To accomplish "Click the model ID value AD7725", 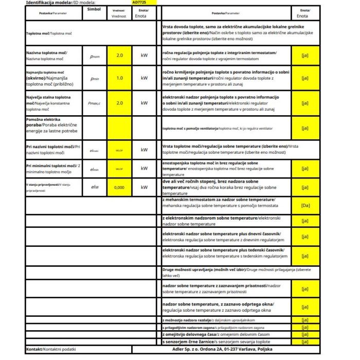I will pyautogui.click(x=139, y=2).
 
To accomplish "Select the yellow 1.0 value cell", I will pyautogui.click(x=119, y=78).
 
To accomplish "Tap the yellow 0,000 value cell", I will pyautogui.click(x=119, y=187).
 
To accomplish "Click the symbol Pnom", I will pyautogui.click(x=94, y=56).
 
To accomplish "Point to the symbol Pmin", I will pyautogui.click(x=94, y=78).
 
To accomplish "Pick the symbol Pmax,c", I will pyautogui.click(x=94, y=103).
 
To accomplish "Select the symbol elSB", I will pyautogui.click(x=94, y=187).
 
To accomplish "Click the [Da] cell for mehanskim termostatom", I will pyautogui.click(x=304, y=205).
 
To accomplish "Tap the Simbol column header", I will pyautogui.click(x=94, y=9).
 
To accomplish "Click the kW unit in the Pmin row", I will pyautogui.click(x=144, y=78).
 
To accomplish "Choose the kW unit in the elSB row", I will pyautogui.click(x=144, y=187).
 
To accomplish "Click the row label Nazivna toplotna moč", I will pyautogui.click(x=47, y=53).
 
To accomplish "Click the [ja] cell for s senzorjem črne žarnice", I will pyautogui.click(x=304, y=341).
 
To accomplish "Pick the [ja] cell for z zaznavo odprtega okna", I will pyautogui.click(x=304, y=308).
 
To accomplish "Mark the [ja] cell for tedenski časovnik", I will pyautogui.click(x=304, y=256).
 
